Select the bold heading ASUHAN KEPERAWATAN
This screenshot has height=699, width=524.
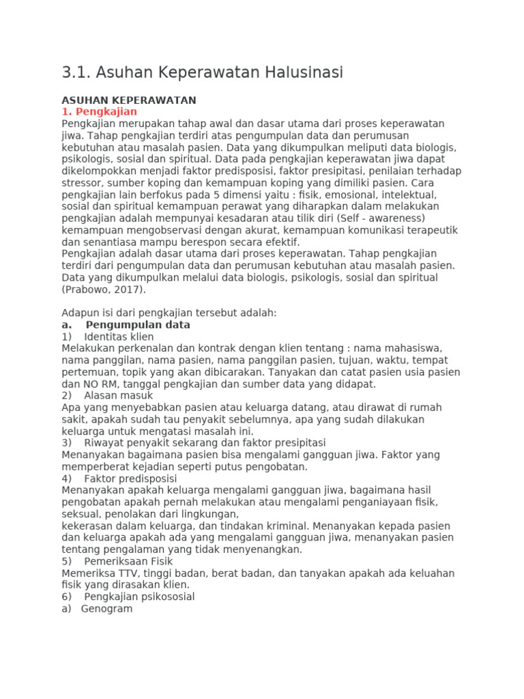pos(129,100)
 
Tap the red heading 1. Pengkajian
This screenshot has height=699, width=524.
pos(99,111)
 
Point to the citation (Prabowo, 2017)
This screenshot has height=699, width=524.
pos(104,289)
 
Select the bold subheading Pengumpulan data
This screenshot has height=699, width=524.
pos(138,325)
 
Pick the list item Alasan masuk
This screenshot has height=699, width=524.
pos(119,395)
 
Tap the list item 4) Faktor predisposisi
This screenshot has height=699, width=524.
pos(130,478)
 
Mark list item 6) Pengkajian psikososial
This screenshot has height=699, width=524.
pos(139,597)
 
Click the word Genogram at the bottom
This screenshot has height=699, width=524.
pos(106,608)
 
